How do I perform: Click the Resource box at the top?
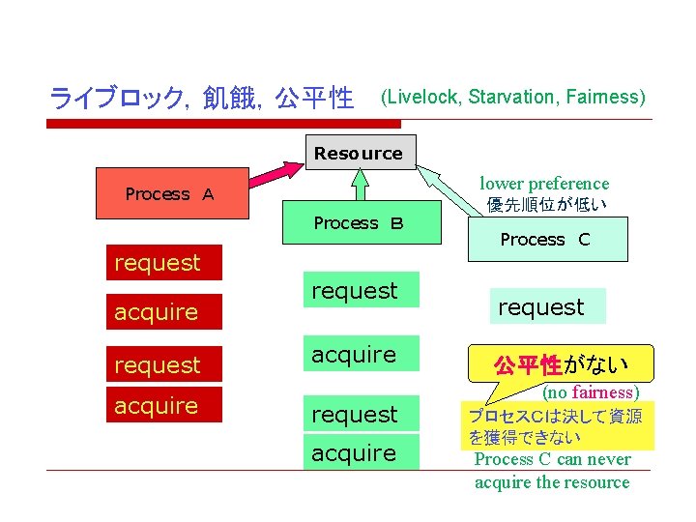(358, 153)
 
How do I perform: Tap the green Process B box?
(359, 223)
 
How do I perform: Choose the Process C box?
(545, 240)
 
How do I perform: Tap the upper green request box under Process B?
(355, 290)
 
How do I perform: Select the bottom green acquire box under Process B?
(355, 452)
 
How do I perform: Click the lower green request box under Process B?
(355, 414)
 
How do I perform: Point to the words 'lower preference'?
(545, 184)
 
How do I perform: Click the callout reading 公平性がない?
(562, 364)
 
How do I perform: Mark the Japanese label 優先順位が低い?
(548, 205)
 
